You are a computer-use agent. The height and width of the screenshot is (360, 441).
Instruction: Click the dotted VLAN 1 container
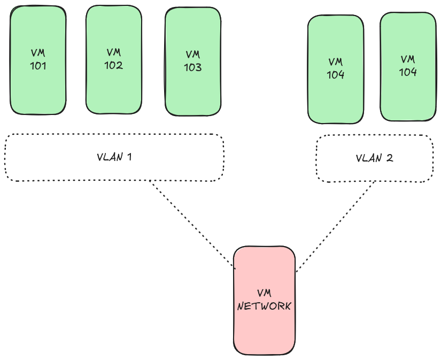pyautogui.click(x=64, y=158)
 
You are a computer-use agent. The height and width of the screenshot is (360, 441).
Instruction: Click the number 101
pyautogui.click(x=38, y=67)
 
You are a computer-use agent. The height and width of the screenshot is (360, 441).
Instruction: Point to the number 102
pyautogui.click(x=114, y=66)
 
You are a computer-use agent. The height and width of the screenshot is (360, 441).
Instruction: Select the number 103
pyautogui.click(x=193, y=68)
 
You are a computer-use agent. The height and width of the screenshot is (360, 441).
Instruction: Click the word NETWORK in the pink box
pyautogui.click(x=264, y=307)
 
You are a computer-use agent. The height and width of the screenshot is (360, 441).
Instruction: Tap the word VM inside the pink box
pyautogui.click(x=264, y=294)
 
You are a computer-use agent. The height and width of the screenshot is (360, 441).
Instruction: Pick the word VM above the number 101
pyautogui.click(x=38, y=53)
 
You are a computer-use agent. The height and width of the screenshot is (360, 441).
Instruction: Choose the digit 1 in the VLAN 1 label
pyautogui.click(x=129, y=157)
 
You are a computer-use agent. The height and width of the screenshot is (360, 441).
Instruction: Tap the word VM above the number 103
pyautogui.click(x=193, y=55)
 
